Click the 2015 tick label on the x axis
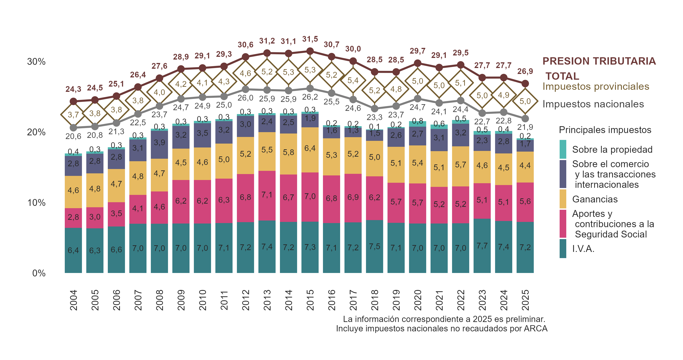(x=310, y=300)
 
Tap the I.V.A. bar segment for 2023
(x=482, y=246)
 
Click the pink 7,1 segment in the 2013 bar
(x=267, y=196)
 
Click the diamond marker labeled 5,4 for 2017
(x=353, y=80)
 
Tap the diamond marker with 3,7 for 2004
(x=73, y=115)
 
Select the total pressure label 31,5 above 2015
(x=310, y=39)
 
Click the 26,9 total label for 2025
(x=525, y=71)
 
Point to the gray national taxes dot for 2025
(x=525, y=119)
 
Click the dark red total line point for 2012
(x=246, y=57)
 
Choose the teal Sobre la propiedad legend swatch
(x=563, y=149)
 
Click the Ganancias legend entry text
(x=595, y=199)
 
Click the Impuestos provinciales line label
(x=596, y=87)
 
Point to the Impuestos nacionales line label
(x=593, y=104)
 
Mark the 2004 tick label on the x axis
(x=73, y=300)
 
